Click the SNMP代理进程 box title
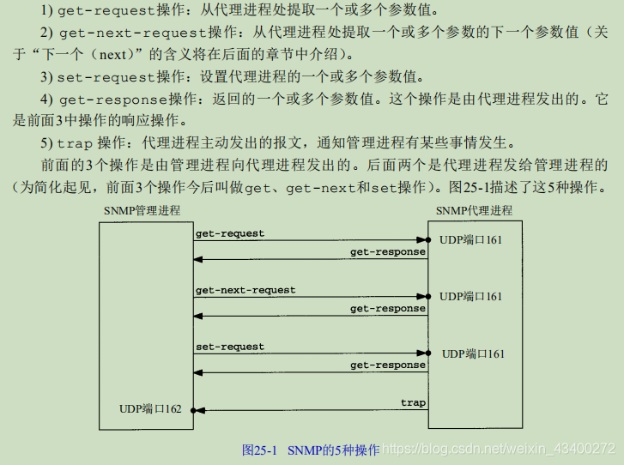click(x=474, y=210)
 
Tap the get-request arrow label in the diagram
click(x=230, y=233)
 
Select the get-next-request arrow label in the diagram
click(x=245, y=290)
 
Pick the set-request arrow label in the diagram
click(x=230, y=347)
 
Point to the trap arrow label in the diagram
click(x=413, y=402)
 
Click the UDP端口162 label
click(x=150, y=409)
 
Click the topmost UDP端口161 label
click(x=470, y=240)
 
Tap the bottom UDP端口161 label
click(x=473, y=353)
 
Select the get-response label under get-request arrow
click(x=388, y=252)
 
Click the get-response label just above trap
click(x=388, y=365)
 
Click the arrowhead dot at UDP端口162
click(x=195, y=411)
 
